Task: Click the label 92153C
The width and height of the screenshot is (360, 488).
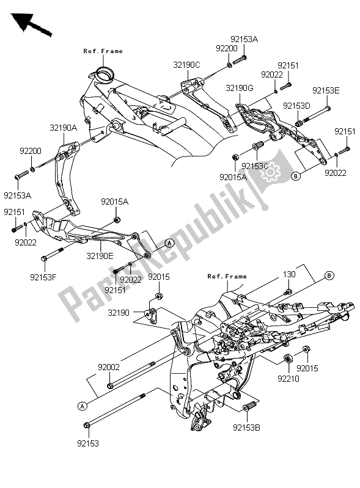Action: (x=254, y=165)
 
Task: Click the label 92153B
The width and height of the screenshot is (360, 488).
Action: (x=249, y=428)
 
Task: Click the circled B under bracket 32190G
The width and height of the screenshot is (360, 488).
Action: (x=296, y=176)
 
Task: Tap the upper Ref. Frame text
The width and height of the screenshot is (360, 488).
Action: (x=103, y=51)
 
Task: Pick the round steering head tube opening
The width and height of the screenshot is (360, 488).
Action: (x=103, y=76)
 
